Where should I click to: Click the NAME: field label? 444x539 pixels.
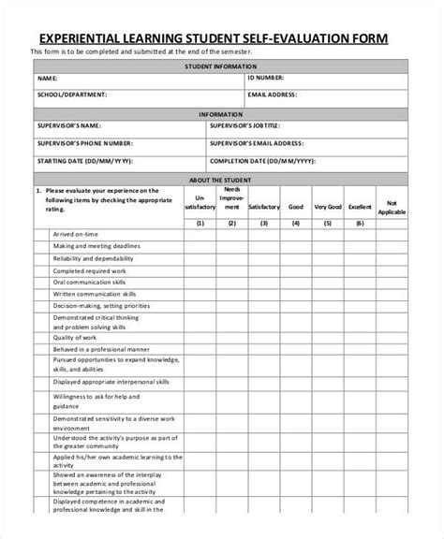(x=47, y=80)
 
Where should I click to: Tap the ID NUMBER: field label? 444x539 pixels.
(x=270, y=80)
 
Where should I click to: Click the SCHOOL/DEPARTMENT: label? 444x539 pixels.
(x=72, y=95)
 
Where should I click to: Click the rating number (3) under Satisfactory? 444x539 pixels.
(x=264, y=223)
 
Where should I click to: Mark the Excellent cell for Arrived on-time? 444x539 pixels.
(x=360, y=234)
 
